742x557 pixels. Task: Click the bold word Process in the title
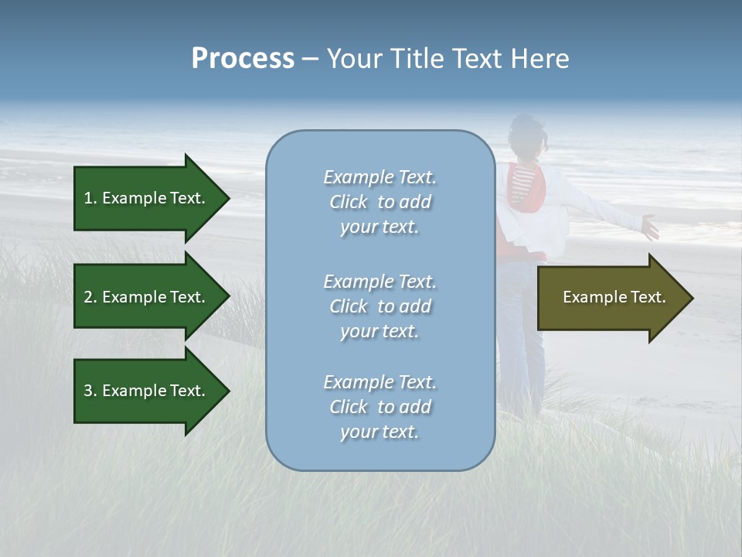coord(243,59)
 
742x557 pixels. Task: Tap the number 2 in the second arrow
coord(88,297)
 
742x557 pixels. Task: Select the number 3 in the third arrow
coord(88,391)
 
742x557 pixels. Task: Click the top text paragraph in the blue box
coord(380,202)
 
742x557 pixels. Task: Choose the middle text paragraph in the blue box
coord(380,306)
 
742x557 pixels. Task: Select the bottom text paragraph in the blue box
coord(380,407)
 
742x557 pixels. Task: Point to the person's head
coord(527,135)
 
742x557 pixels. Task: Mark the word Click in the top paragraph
coord(349,202)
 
